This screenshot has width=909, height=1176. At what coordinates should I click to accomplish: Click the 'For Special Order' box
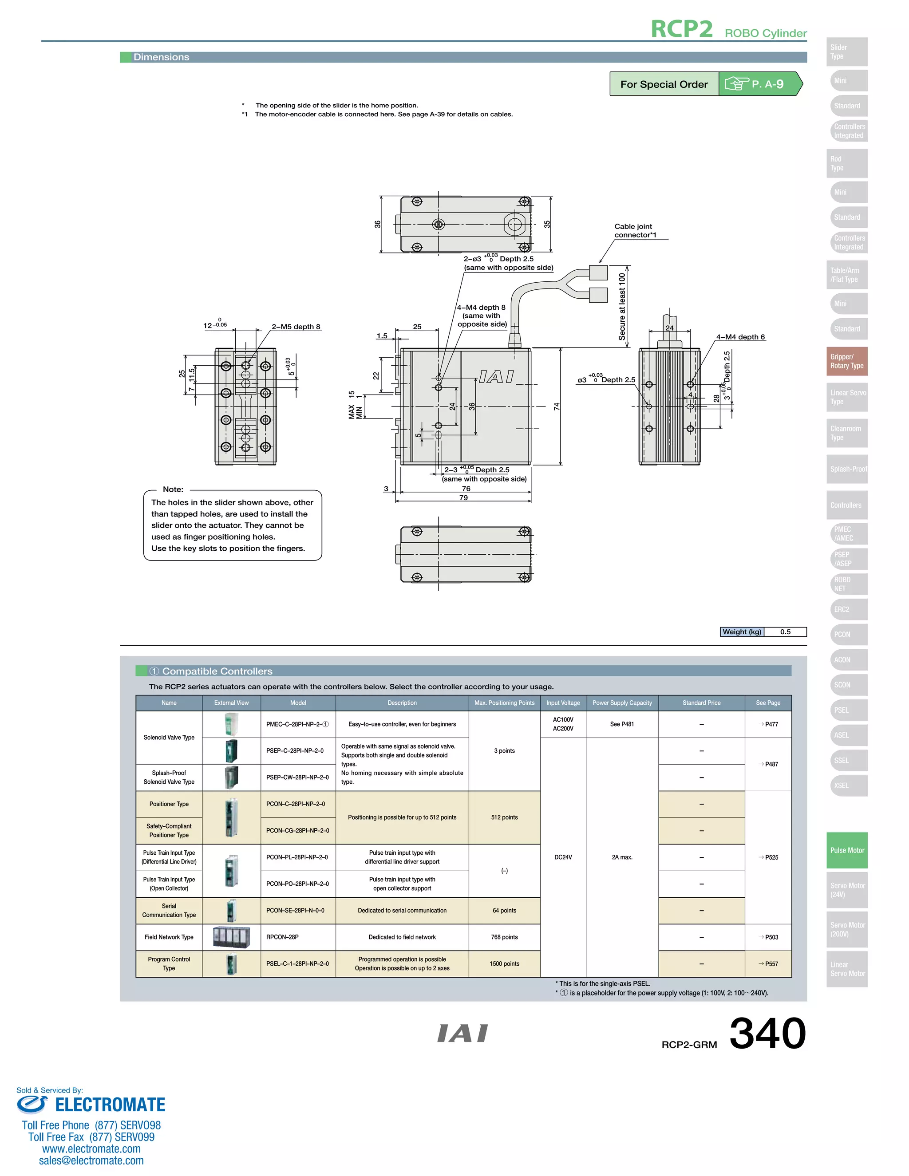pos(664,84)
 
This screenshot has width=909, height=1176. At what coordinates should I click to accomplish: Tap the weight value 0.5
pos(785,631)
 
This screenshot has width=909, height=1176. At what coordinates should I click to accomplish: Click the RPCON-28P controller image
pos(232,937)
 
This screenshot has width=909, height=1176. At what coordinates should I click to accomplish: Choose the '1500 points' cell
pos(504,963)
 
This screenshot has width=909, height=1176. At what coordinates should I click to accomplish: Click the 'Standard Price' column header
pos(701,702)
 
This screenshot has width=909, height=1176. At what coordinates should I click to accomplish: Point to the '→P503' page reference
pos(768,937)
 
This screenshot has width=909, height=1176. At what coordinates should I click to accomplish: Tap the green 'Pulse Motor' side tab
pos(846,850)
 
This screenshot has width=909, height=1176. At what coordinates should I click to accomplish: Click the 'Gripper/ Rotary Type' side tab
pos(846,361)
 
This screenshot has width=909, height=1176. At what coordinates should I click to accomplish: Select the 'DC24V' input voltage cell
pos(563,856)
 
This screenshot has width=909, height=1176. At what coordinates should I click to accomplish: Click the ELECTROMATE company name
pos(110,1105)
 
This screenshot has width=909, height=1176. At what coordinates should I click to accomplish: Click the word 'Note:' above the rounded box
pos(173,489)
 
